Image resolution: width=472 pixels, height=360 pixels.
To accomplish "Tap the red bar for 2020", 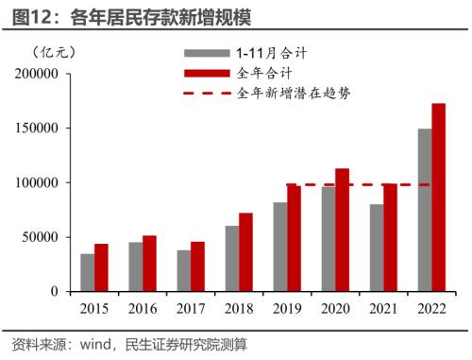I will click(342, 230).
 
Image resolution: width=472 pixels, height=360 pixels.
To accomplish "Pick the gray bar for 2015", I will click(87, 272).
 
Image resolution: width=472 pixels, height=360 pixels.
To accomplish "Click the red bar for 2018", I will click(245, 252).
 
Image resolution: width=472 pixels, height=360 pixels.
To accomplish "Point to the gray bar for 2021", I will click(376, 248).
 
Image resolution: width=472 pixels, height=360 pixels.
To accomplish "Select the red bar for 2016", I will click(149, 264).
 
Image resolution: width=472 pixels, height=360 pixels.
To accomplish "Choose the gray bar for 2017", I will click(183, 270).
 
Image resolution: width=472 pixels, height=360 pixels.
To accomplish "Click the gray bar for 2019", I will click(279, 247).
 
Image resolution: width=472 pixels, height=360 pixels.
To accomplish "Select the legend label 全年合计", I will click(263, 73).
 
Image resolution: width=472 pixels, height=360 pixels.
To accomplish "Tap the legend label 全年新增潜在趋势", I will click(294, 93).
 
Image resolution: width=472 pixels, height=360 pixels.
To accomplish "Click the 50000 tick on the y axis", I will click(42, 237).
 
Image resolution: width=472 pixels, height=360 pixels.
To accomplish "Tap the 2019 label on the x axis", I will click(287, 308).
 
